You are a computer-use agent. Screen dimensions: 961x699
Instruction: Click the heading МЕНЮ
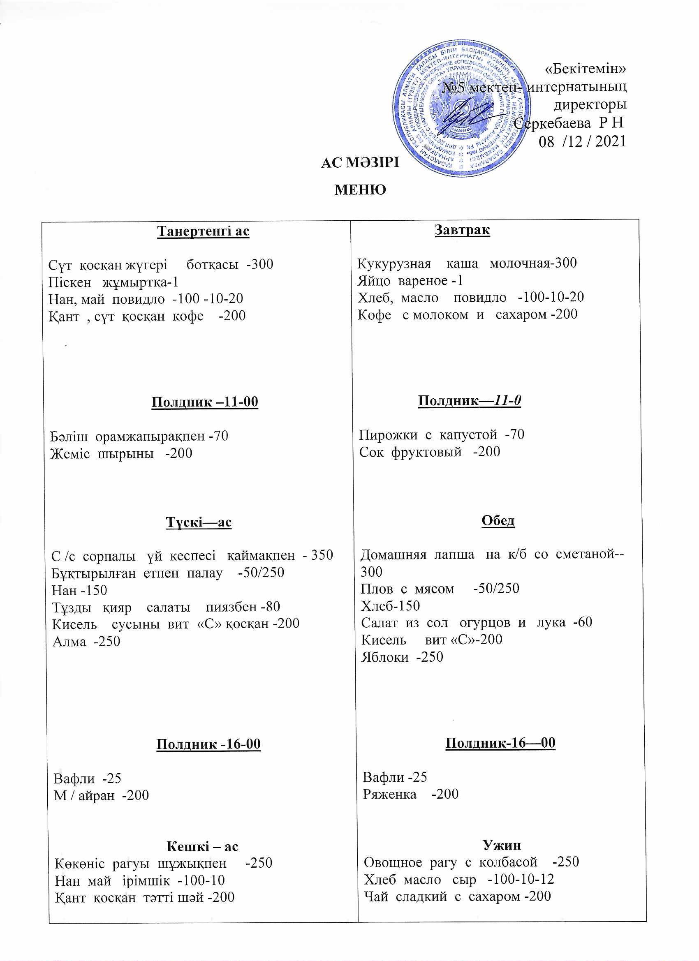(x=360, y=189)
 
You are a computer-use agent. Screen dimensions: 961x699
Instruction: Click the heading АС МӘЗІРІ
(x=360, y=163)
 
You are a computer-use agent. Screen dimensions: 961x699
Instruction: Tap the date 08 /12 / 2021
(x=581, y=142)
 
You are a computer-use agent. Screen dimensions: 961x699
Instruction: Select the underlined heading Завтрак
(x=462, y=230)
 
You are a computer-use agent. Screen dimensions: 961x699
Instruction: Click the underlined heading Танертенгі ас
(x=203, y=231)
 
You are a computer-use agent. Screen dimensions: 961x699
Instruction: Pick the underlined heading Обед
(x=498, y=520)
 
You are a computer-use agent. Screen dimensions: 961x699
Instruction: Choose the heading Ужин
(x=502, y=845)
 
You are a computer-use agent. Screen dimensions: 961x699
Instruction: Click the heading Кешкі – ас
(x=202, y=847)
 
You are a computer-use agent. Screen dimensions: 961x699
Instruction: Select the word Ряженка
(x=389, y=794)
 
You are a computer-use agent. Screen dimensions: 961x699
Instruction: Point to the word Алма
(x=69, y=642)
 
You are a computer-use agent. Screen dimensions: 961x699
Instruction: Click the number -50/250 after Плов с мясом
(x=496, y=589)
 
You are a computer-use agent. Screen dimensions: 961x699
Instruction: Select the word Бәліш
(x=69, y=436)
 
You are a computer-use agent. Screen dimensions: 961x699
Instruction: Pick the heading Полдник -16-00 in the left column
(x=208, y=744)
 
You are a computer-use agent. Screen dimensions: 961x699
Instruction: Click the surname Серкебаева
(x=552, y=124)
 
